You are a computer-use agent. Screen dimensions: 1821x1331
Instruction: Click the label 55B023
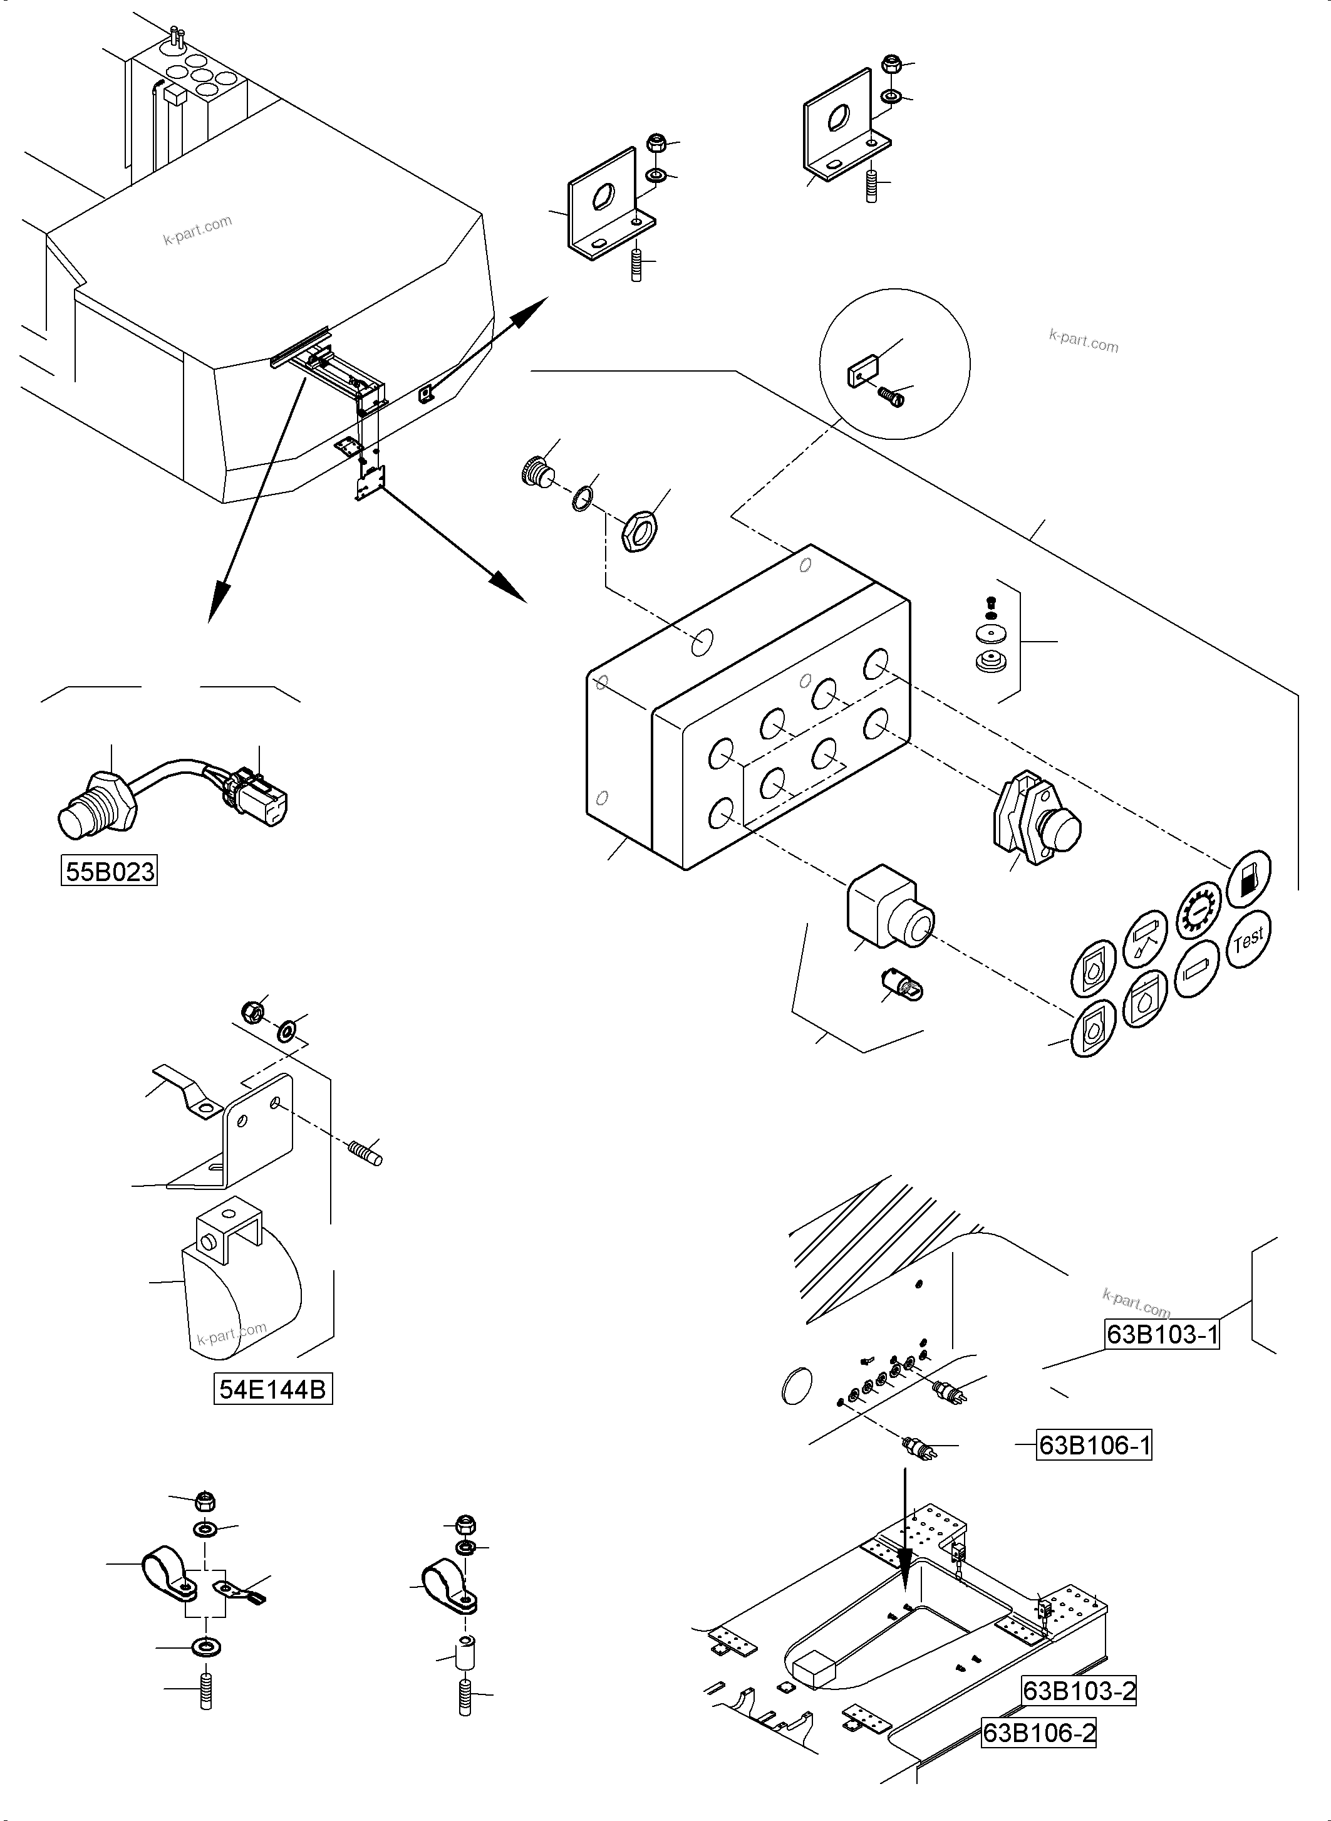click(x=110, y=872)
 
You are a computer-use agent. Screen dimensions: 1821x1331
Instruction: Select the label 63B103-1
click(x=1162, y=1334)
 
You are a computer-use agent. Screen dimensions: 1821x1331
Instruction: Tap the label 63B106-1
click(x=1094, y=1446)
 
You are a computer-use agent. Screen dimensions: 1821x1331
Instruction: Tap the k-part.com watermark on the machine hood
click(x=197, y=231)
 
